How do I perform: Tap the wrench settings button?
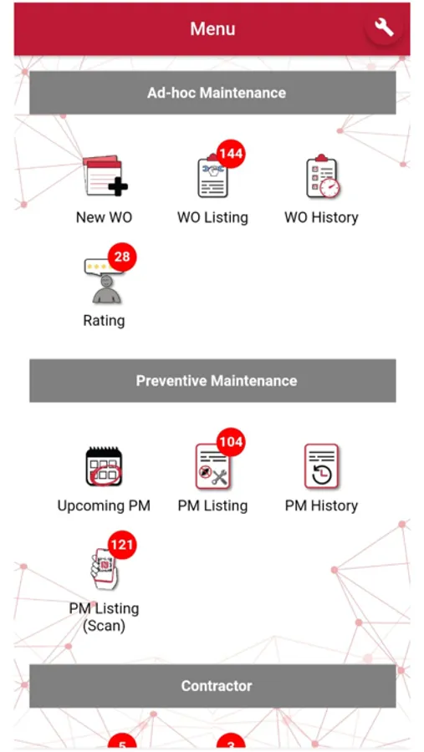pyautogui.click(x=384, y=28)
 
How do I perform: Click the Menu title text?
pyautogui.click(x=212, y=28)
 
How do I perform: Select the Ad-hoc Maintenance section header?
pyautogui.click(x=212, y=93)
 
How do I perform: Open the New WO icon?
pyautogui.click(x=105, y=175)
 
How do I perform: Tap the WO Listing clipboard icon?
pyautogui.click(x=212, y=178)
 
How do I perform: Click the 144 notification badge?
pyautogui.click(x=231, y=154)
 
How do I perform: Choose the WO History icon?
pyautogui.click(x=322, y=176)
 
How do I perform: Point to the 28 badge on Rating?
pyautogui.click(x=122, y=257)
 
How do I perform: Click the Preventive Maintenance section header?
pyautogui.click(x=212, y=381)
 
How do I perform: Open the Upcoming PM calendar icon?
pyautogui.click(x=104, y=465)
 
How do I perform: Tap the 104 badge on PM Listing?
pyautogui.click(x=231, y=442)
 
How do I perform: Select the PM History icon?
pyautogui.click(x=321, y=466)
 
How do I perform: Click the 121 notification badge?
pyautogui.click(x=122, y=544)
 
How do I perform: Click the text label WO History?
pyautogui.click(x=321, y=217)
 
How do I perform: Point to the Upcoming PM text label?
pyautogui.click(x=104, y=506)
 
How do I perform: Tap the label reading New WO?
pyautogui.click(x=104, y=217)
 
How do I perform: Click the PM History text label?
pyautogui.click(x=321, y=506)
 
